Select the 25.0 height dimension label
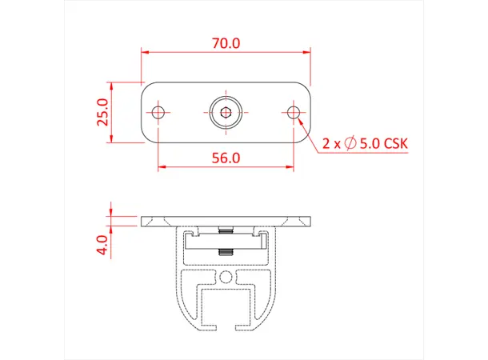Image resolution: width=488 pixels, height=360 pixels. click(101, 114)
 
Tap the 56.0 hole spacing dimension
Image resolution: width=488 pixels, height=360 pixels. click(226, 158)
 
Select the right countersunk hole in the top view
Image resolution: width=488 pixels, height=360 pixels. click(294, 112)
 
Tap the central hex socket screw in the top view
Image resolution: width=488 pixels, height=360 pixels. click(226, 112)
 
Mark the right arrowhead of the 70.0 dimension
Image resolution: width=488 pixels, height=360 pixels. click(306, 53)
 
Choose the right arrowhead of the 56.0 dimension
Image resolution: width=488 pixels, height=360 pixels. click(290, 167)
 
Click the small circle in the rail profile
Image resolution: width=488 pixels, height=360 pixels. click(226, 277)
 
